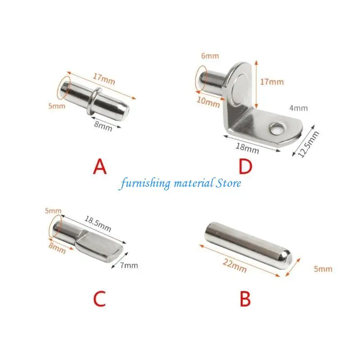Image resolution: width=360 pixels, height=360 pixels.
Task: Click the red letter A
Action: [x=100, y=167]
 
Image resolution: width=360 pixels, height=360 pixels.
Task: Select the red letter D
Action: [x=245, y=167]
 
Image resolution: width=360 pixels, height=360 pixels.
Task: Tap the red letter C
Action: [x=99, y=299]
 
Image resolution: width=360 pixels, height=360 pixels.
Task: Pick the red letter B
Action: [x=245, y=299]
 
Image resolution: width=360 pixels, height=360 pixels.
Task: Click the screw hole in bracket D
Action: [x=278, y=129]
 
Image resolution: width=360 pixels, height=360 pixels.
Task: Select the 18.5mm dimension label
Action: [x=98, y=224]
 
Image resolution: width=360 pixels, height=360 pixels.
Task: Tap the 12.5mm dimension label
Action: [x=308, y=144]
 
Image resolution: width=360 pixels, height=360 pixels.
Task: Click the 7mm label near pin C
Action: [x=129, y=265]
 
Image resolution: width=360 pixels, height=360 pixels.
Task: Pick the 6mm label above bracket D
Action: [x=210, y=56]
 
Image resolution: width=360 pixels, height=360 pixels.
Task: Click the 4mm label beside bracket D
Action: [x=298, y=108]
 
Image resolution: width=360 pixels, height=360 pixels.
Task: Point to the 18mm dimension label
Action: [x=247, y=148]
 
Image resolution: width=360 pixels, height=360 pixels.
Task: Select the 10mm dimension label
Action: [x=208, y=102]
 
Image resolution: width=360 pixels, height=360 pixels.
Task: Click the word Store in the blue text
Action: [x=228, y=183]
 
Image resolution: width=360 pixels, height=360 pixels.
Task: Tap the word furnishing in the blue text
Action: [x=145, y=184]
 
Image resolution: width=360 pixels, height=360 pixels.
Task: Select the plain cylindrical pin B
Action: [x=248, y=245]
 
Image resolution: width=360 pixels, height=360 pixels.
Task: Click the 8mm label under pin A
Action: [x=103, y=126]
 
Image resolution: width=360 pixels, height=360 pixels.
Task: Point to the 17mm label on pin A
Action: [x=104, y=79]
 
